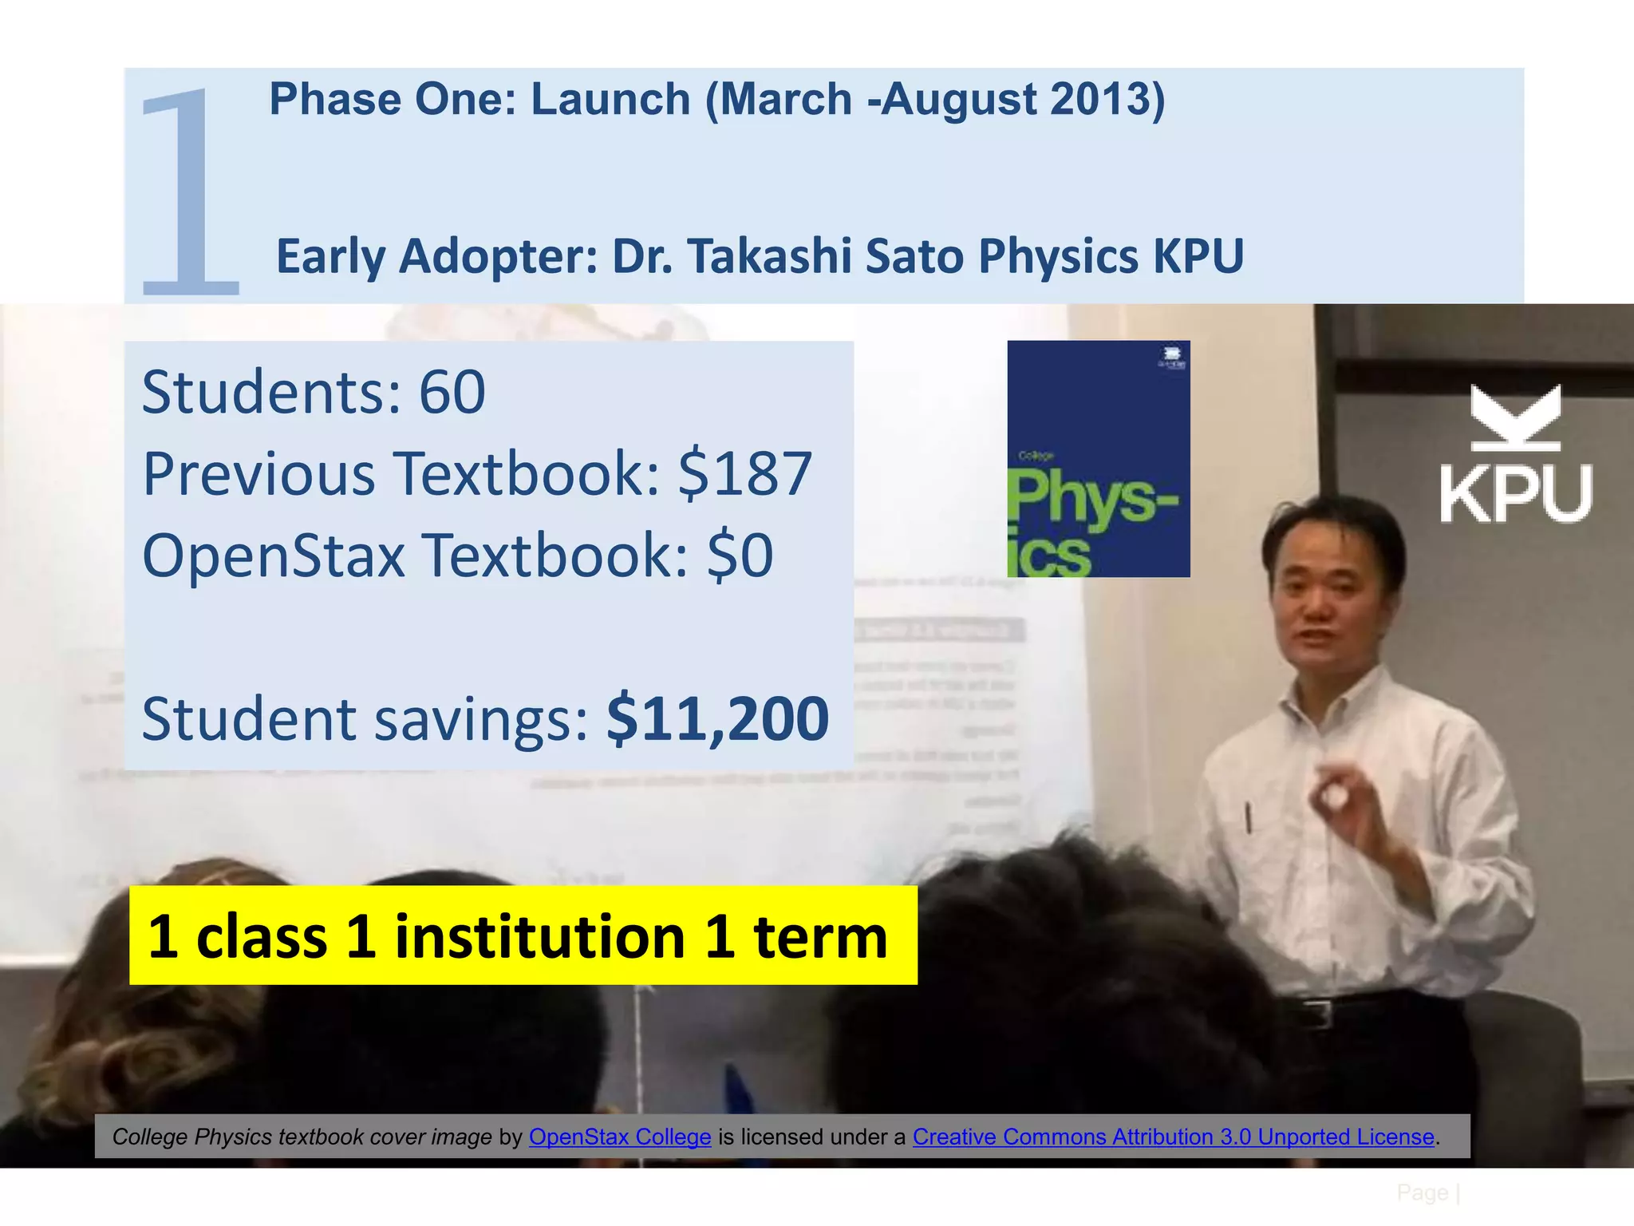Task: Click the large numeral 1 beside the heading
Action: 190,192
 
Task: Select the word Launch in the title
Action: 610,99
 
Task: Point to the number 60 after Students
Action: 452,392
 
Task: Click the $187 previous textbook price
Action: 744,473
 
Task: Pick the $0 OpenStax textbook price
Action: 740,556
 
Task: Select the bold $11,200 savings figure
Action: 717,718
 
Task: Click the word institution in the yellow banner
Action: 539,936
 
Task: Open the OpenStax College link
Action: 619,1137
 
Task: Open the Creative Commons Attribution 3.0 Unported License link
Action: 1173,1137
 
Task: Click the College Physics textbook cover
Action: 1098,459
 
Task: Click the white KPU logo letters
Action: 1515,493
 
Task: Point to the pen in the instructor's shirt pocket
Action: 1249,818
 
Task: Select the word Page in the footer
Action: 1422,1192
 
